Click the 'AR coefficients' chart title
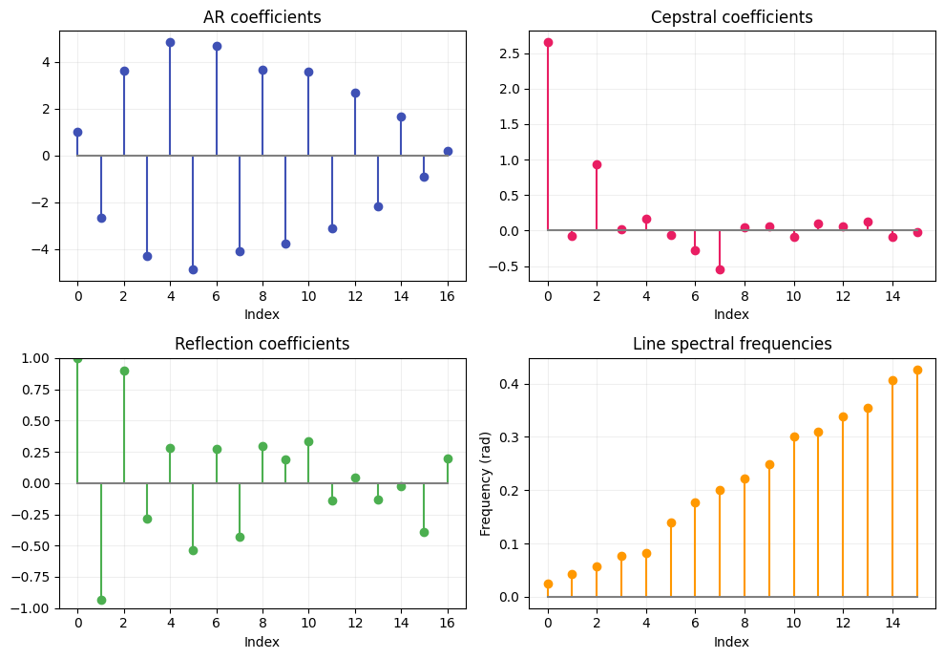[x=262, y=17]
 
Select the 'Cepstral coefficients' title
[x=731, y=17]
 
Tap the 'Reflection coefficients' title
[x=262, y=344]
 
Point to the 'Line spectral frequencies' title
[x=731, y=344]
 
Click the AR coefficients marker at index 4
[x=170, y=42]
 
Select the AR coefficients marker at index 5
[x=193, y=269]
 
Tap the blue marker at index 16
[x=448, y=151]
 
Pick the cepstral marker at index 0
[x=548, y=42]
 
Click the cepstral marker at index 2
[x=597, y=164]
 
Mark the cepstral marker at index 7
[x=720, y=269]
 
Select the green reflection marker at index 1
[x=101, y=600]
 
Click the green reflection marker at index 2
[x=124, y=371]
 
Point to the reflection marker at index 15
[x=424, y=532]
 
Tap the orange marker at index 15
[x=917, y=370]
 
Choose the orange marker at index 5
[x=671, y=522]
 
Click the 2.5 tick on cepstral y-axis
[x=511, y=53]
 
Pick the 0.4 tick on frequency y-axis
[x=511, y=384]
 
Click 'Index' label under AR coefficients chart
[x=262, y=314]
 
